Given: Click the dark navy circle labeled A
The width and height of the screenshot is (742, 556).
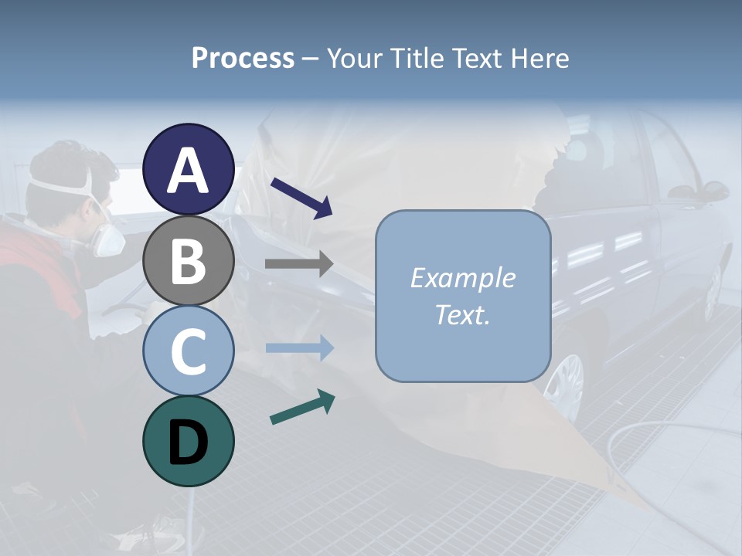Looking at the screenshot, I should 189,170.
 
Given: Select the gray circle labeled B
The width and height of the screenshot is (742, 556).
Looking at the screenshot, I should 189,260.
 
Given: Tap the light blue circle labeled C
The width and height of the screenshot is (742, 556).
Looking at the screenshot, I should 189,351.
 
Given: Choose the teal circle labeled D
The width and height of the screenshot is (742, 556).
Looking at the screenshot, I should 189,441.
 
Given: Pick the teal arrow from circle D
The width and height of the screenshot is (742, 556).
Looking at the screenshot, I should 302,407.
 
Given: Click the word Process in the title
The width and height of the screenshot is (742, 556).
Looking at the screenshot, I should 243,58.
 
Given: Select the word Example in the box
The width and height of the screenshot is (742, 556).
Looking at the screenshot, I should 462,278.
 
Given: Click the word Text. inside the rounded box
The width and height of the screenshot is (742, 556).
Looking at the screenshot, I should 462,314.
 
